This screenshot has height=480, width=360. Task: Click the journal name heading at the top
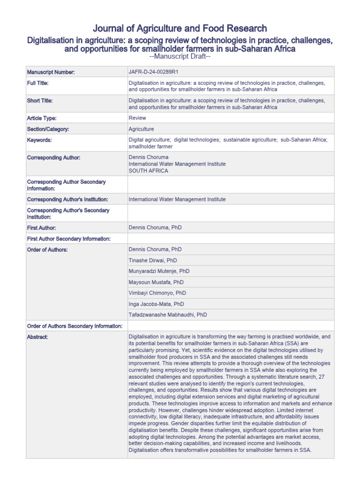click(180, 29)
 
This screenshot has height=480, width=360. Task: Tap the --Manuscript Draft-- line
click(180, 57)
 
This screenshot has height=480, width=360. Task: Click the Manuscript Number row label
click(51, 72)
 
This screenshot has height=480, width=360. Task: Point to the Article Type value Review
click(137, 118)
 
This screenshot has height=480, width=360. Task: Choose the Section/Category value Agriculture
click(141, 129)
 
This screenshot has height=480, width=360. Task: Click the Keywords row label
click(39, 140)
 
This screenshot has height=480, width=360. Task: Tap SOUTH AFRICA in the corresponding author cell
click(148, 171)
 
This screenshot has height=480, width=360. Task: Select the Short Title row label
click(40, 100)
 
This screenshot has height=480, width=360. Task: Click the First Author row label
click(42, 228)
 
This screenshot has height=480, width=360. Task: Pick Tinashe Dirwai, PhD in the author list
click(153, 260)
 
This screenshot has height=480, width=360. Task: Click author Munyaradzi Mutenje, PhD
click(159, 271)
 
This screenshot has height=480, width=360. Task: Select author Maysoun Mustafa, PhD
click(156, 282)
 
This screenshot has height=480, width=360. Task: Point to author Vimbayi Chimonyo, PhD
click(157, 293)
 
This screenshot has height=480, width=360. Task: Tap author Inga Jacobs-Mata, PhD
click(156, 304)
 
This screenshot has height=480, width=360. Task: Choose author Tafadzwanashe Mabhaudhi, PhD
click(167, 315)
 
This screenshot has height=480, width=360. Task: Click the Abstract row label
click(37, 337)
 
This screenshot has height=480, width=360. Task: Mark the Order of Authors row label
click(47, 249)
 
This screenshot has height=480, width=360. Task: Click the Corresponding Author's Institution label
click(67, 199)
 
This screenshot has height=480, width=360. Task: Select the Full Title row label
click(38, 82)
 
